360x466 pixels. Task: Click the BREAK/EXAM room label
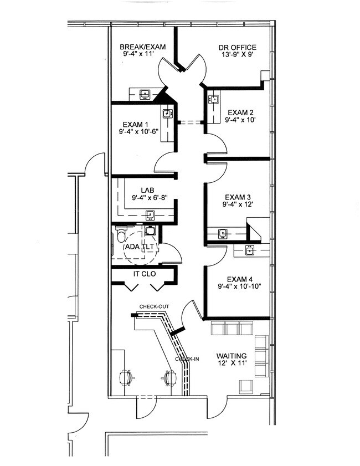click(142, 47)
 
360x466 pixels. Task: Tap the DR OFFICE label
click(238, 47)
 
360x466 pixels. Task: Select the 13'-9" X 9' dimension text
click(237, 54)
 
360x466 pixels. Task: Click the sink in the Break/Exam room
click(145, 94)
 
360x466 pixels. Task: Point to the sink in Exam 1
click(167, 113)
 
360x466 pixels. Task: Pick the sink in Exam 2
click(214, 99)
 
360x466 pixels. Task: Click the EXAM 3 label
click(238, 197)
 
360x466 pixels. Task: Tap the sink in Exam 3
click(223, 234)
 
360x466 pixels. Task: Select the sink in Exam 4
click(249, 250)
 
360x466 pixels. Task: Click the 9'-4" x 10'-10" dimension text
click(239, 286)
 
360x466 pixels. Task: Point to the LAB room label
click(148, 190)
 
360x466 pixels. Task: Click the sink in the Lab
click(150, 215)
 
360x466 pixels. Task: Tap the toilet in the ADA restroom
click(121, 234)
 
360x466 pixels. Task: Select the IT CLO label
click(145, 274)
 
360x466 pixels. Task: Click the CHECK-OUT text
click(154, 306)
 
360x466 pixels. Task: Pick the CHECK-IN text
click(187, 359)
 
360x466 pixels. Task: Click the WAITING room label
click(232, 355)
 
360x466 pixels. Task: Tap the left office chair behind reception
click(126, 378)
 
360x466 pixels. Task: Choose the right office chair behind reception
click(169, 378)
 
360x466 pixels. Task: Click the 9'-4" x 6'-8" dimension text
click(150, 197)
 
